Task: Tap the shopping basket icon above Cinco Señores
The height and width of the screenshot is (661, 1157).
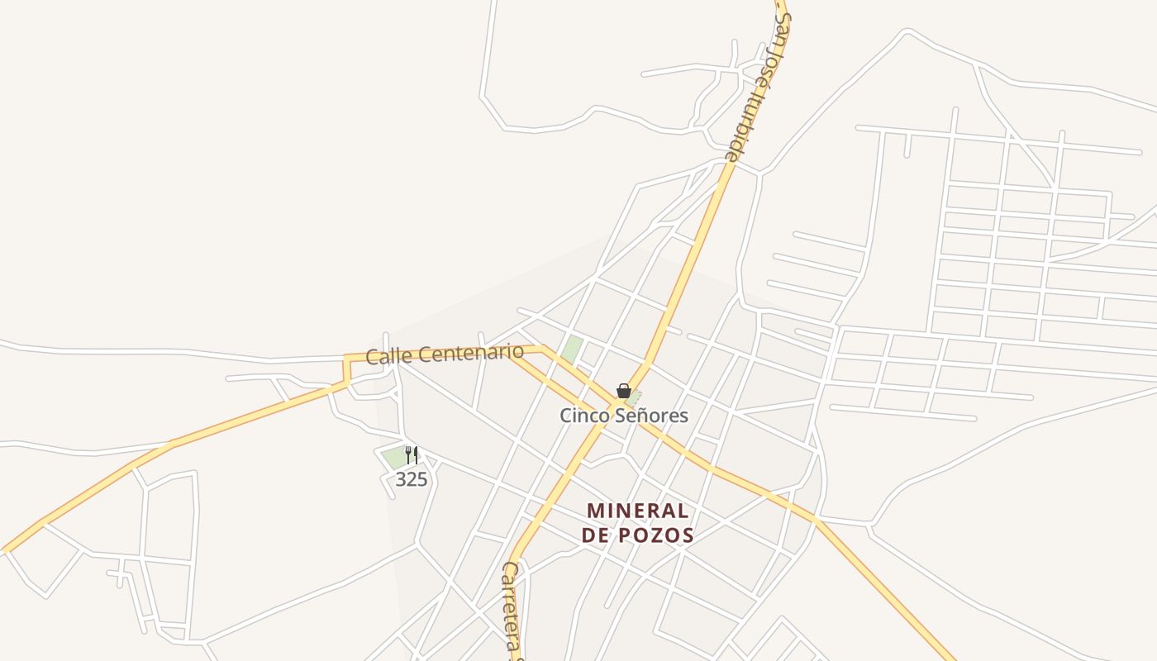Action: coord(624,391)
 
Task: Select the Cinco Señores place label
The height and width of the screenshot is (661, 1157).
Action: coord(624,415)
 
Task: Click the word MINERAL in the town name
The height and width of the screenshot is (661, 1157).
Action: coord(637,511)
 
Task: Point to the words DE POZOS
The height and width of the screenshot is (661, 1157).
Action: coord(637,535)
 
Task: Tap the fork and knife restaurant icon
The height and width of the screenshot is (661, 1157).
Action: coord(411,454)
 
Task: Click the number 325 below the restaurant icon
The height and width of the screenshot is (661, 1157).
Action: coord(411,479)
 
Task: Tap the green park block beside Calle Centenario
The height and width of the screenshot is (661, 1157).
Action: coord(571,349)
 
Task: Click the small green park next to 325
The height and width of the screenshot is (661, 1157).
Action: coord(393,457)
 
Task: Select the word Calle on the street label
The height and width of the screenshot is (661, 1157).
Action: coord(388,357)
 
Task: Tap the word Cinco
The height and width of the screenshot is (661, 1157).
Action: coord(583,415)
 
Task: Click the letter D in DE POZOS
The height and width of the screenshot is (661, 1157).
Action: coord(589,535)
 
